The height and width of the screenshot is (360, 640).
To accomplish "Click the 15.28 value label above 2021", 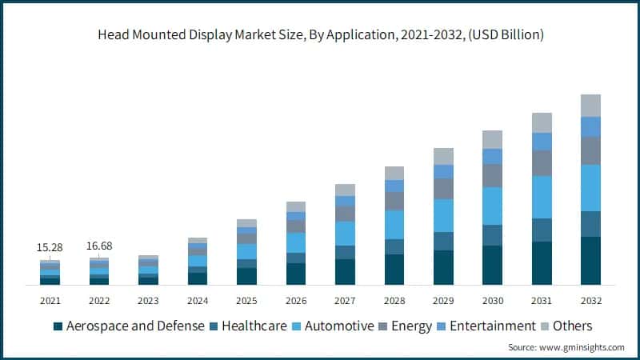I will [50, 246].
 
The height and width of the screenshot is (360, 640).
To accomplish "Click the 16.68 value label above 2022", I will [99, 246].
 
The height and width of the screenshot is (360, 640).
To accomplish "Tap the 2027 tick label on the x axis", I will [345, 301].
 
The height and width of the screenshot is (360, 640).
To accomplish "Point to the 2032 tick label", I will [590, 301].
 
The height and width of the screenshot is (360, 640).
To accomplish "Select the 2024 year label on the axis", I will [198, 301].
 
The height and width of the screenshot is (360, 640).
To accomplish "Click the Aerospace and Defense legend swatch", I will [58, 326].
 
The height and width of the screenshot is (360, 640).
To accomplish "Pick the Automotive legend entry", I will [338, 326].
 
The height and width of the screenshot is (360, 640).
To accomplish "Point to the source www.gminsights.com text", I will [566, 347].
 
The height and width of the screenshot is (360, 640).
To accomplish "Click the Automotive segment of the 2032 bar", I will [590, 187].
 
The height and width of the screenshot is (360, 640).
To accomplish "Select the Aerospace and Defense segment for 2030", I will [492, 265].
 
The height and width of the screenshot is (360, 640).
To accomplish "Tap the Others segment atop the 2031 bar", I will [542, 122].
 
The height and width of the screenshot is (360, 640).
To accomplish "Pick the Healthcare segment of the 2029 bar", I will [443, 241].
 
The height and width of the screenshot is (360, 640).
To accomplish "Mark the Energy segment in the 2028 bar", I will [394, 201].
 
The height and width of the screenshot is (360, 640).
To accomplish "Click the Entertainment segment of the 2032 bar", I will [590, 126].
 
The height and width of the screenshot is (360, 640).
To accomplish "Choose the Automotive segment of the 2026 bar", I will [296, 242].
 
